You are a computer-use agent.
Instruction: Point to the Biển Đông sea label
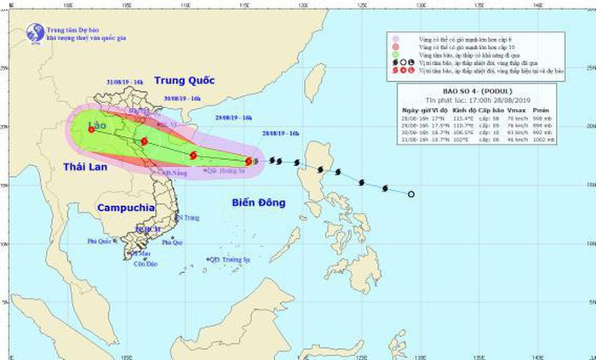coord(238,201)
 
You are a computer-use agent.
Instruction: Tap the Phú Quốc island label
coord(100,240)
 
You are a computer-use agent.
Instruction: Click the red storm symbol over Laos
coord(91,129)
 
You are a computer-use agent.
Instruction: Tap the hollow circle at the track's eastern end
coord(411,195)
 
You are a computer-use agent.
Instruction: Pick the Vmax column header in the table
coord(514,110)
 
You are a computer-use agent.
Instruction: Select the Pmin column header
coord(540,110)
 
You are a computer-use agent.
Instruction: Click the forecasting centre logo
coord(35,32)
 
